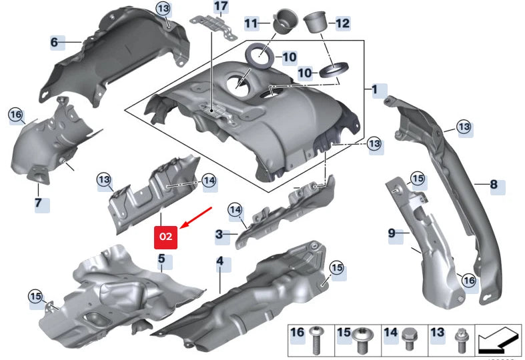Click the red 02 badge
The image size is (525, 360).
(165, 236)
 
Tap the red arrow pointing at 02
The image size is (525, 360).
(195, 219)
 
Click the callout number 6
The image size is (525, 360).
(54, 43)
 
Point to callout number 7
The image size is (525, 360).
(38, 202)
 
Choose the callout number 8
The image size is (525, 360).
(494, 184)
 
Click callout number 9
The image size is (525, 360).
(392, 233)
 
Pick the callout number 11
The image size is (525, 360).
(251, 24)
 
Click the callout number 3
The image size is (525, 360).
(219, 235)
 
